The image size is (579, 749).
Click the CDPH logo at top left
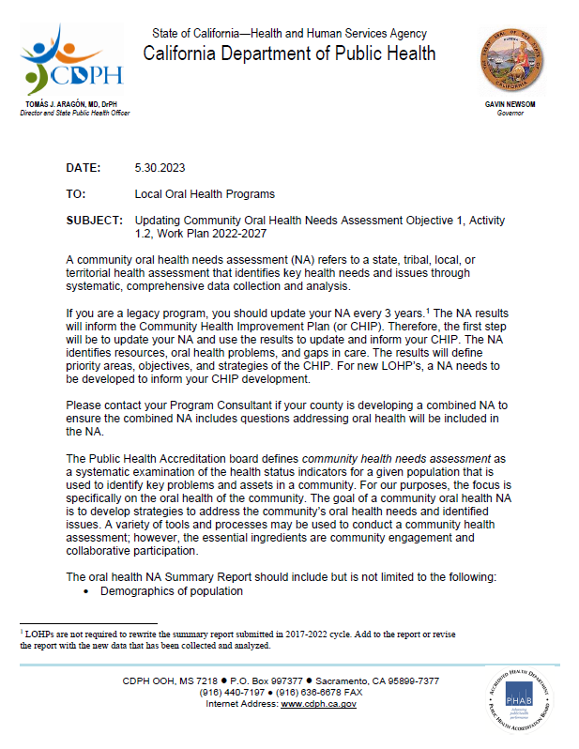63,58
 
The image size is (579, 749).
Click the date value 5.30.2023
160,168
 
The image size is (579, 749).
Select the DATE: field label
83,168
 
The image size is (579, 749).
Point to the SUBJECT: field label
94,220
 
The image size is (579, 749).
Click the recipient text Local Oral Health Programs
205,194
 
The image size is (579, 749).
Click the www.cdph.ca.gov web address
318,704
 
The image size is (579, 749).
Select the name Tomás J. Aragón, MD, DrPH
74,103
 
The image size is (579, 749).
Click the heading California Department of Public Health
289,53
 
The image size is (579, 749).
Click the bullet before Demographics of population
87,592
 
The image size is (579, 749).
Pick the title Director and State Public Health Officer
74,112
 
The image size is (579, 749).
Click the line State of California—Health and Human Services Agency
289,34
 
